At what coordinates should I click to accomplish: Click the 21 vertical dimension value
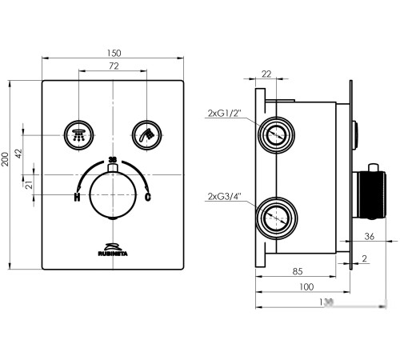pyautogui.click(x=28, y=185)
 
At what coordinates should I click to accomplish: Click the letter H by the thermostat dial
pyautogui.click(x=78, y=197)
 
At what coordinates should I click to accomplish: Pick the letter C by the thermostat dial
pyautogui.click(x=147, y=197)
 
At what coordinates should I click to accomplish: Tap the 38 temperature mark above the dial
pyautogui.click(x=112, y=161)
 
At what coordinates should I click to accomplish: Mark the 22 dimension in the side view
pyautogui.click(x=266, y=74)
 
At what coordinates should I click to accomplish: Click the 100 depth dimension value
pyautogui.click(x=305, y=287)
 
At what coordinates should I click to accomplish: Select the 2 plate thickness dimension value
pyautogui.click(x=365, y=258)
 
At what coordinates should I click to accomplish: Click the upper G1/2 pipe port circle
pyautogui.click(x=276, y=133)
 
